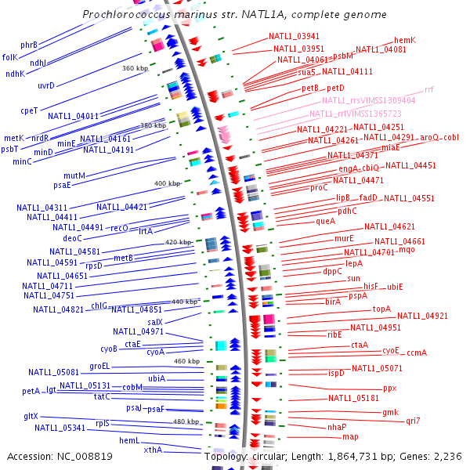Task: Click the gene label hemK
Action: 405,40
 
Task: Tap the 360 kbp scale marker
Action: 135,68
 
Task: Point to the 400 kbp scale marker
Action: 167,183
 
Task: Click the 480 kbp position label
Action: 186,421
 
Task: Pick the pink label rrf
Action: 428,90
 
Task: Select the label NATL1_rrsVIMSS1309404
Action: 368,100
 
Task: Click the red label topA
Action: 381,309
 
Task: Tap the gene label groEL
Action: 99,366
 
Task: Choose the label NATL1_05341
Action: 60,428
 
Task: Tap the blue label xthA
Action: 153,450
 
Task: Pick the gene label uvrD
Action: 46,85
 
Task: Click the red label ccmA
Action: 417,352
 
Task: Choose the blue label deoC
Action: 72,238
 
